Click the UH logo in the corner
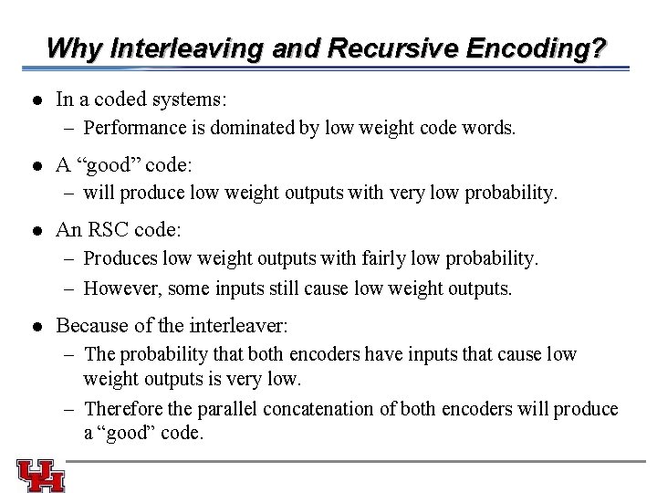(41, 476)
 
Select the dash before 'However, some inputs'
(71, 288)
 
